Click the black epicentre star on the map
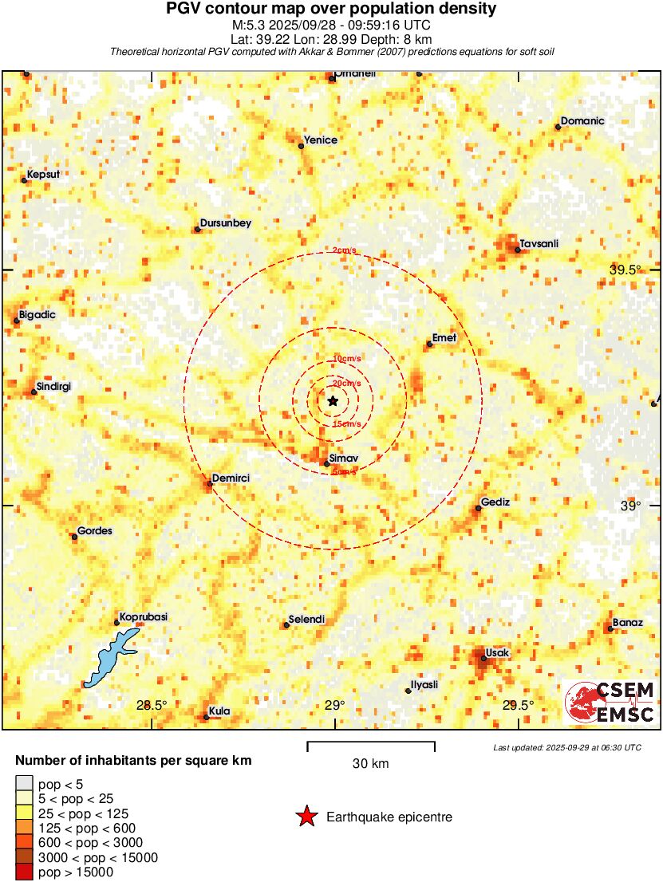pyautogui.click(x=333, y=400)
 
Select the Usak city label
pyautogui.click(x=497, y=653)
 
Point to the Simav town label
pyautogui.click(x=343, y=457)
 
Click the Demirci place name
pyautogui.click(x=232, y=478)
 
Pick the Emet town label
pyautogui.click(x=444, y=338)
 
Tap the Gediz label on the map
pyautogui.click(x=495, y=502)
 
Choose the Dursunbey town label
pyautogui.click(x=226, y=224)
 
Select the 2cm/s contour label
pyautogui.click(x=345, y=251)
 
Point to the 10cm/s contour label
pyautogui.click(x=346, y=358)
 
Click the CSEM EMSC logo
pyautogui.click(x=610, y=703)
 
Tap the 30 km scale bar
pyautogui.click(x=371, y=746)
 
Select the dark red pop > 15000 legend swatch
pyautogui.click(x=25, y=872)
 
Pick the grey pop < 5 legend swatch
pyautogui.click(x=25, y=784)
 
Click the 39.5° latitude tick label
pyautogui.click(x=626, y=270)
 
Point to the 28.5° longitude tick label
pyautogui.click(x=152, y=705)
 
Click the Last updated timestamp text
pyautogui.click(x=566, y=747)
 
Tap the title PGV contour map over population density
pyautogui.click(x=331, y=10)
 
